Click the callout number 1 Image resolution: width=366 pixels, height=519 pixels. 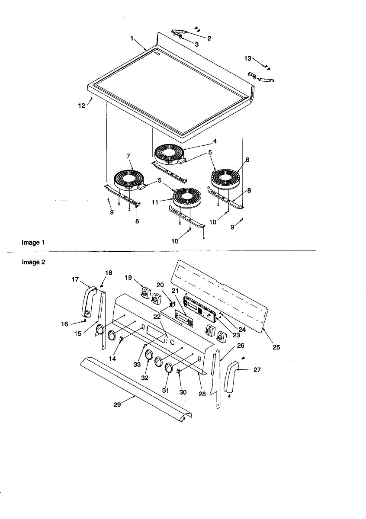[132, 38]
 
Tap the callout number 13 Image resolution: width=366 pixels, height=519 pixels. [247, 58]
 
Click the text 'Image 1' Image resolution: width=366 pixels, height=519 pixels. [33, 243]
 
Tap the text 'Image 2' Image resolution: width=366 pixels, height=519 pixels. [33, 262]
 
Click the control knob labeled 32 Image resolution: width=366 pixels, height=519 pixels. [148, 355]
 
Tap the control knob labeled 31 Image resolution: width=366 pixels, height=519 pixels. [168, 367]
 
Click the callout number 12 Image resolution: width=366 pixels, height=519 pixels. [82, 105]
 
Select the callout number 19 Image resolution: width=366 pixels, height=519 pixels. [128, 277]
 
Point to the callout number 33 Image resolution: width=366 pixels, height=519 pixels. [137, 365]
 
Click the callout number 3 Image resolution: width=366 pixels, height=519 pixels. [197, 44]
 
